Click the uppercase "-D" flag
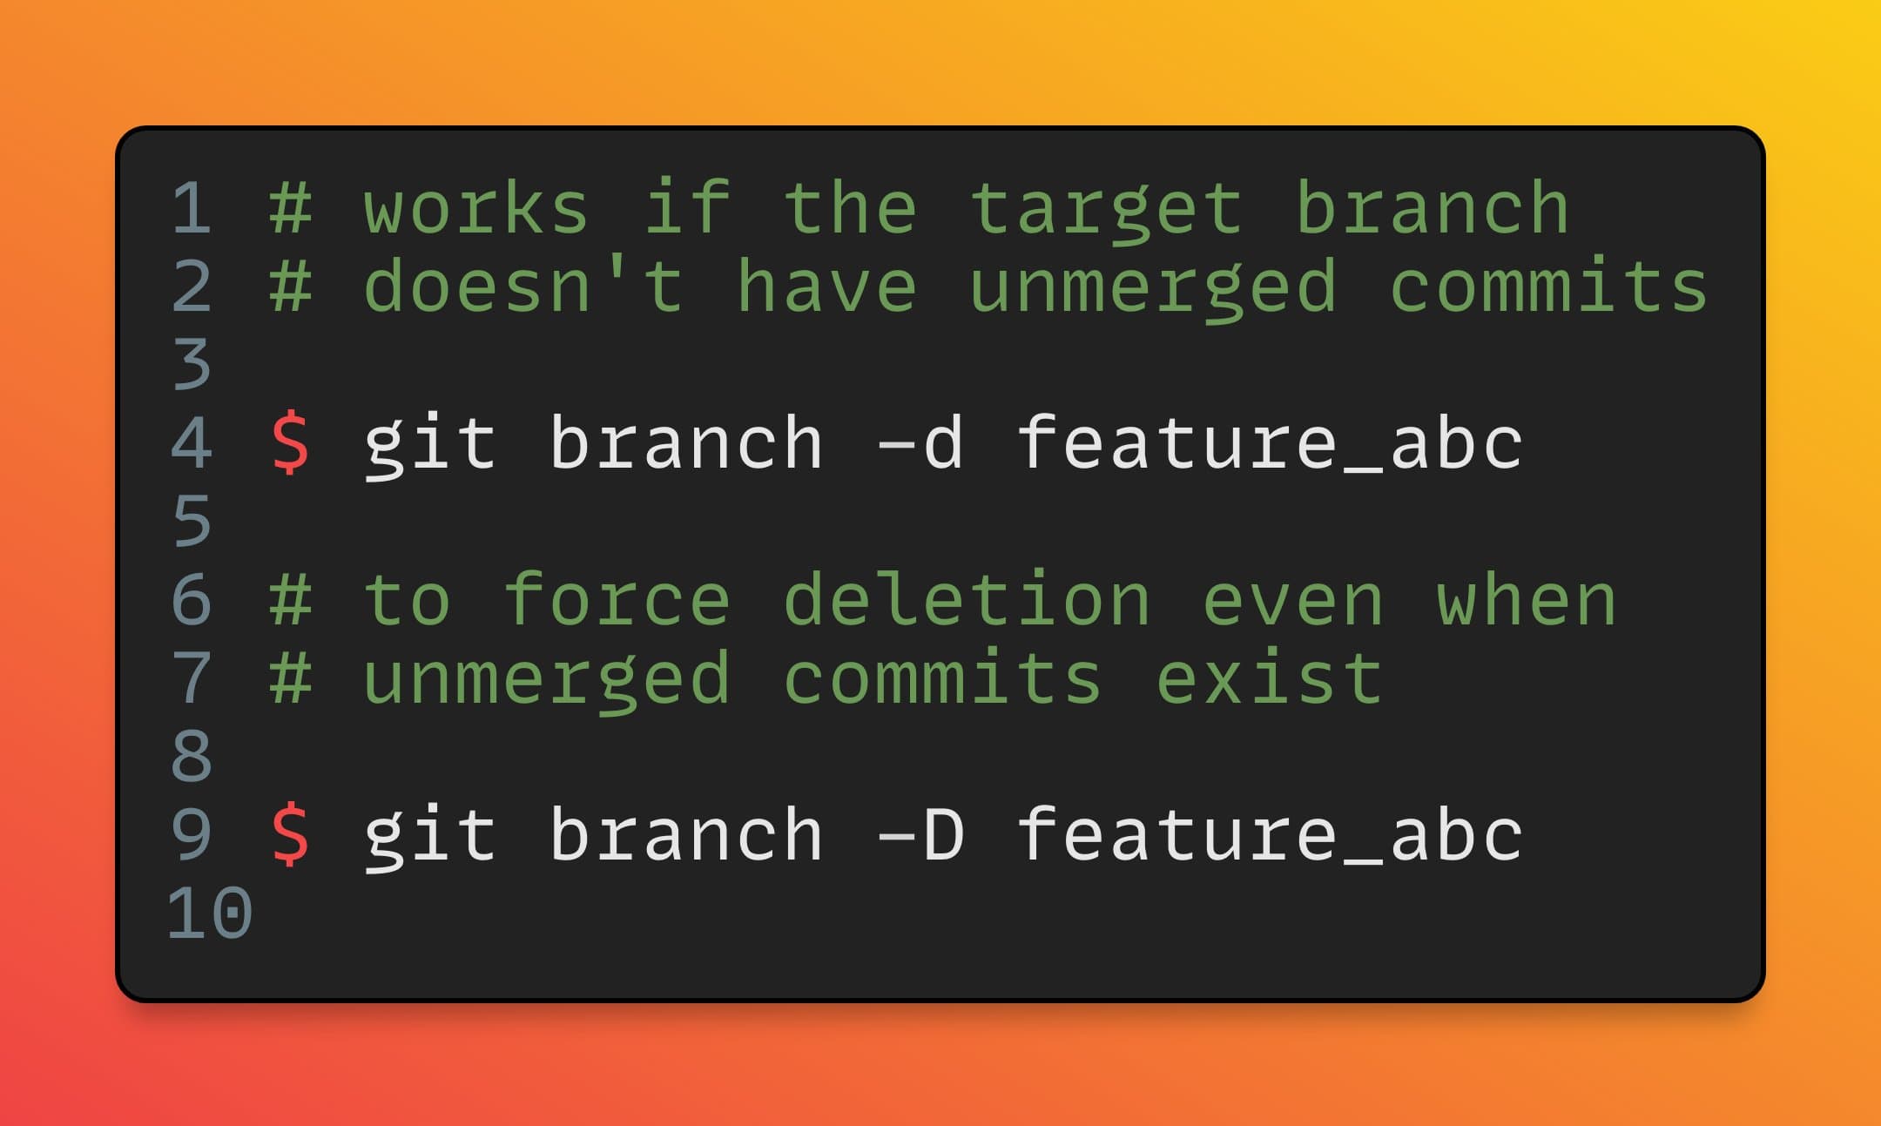[920, 834]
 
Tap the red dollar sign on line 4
[290, 442]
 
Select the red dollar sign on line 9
[290, 834]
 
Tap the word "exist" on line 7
[1269, 677]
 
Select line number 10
[209, 913]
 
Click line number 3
[192, 364]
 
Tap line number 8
[192, 756]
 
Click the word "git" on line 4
[429, 444]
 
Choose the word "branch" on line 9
[685, 834]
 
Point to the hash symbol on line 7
[290, 678]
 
